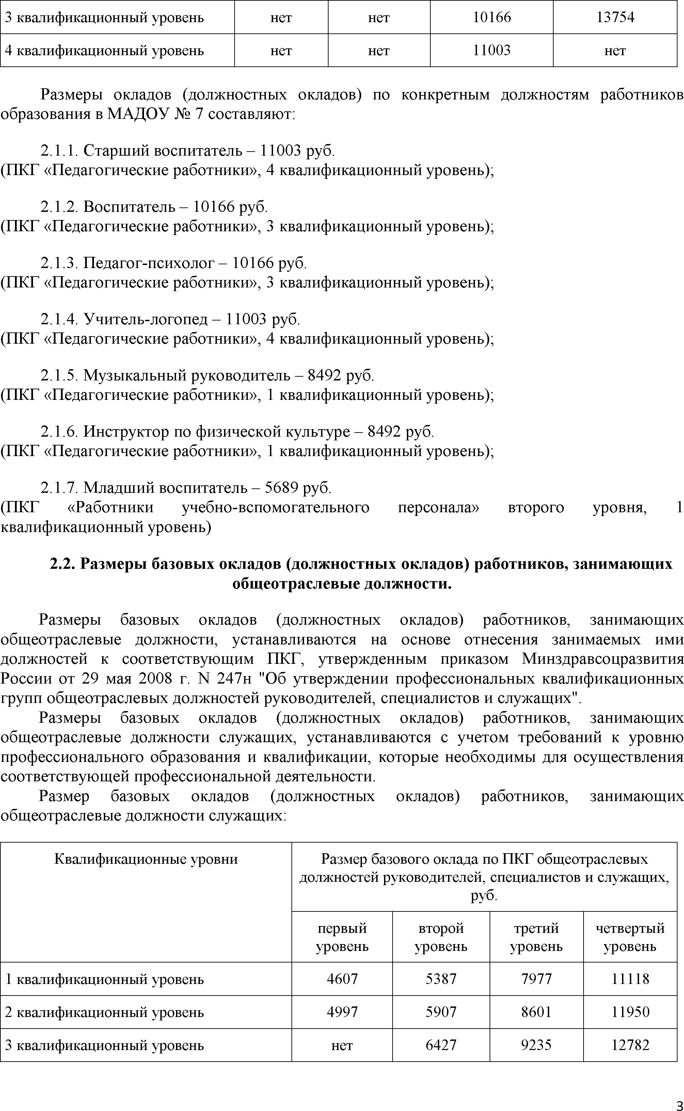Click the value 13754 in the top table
615,18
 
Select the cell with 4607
342,979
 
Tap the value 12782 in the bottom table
630,1045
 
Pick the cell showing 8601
536,1012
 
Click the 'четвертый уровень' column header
630,937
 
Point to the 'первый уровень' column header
342,937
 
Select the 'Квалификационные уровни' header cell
146,859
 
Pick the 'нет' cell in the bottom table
342,1045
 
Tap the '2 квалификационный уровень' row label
104,1012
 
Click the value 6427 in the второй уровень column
441,1045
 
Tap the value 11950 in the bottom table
630,1012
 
